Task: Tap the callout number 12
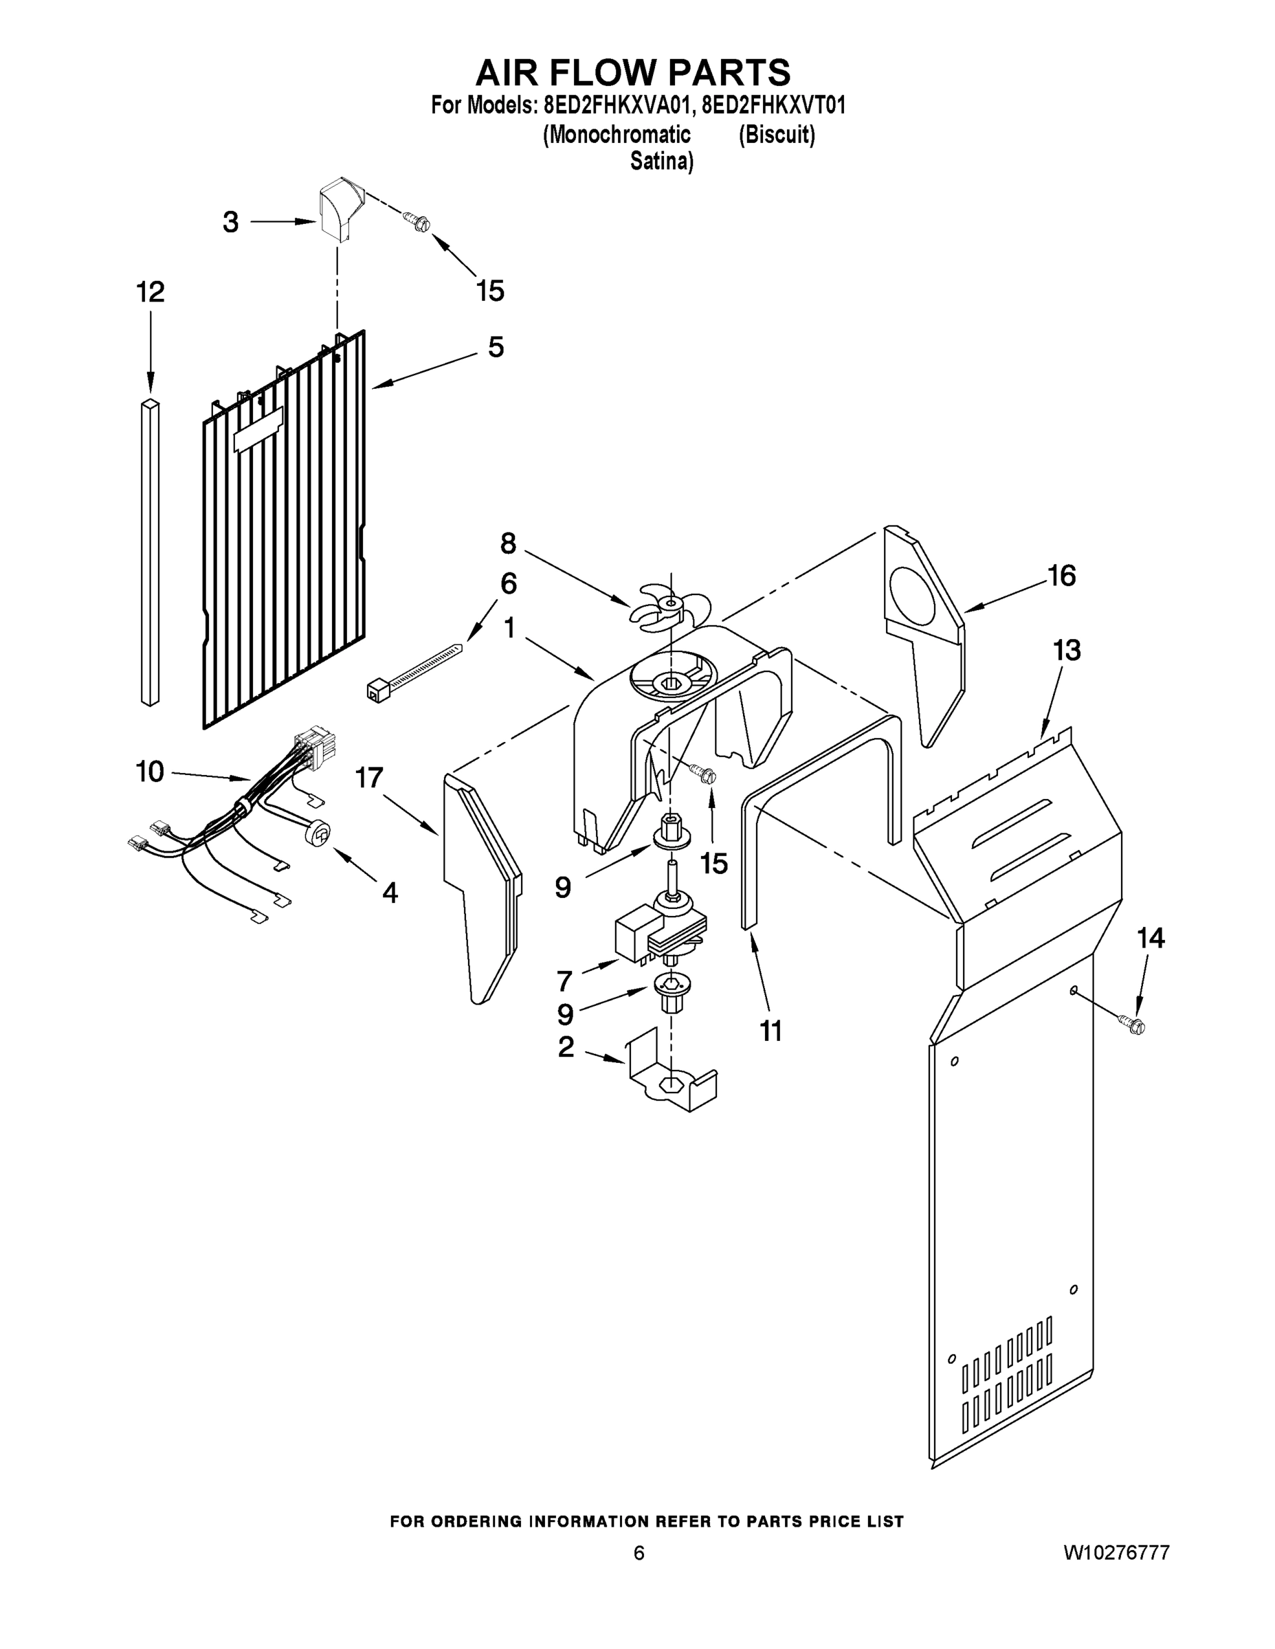(x=151, y=292)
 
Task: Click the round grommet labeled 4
(x=319, y=833)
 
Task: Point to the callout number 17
(x=369, y=778)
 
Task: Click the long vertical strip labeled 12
(x=151, y=551)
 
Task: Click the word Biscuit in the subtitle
(x=777, y=135)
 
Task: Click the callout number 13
(x=1067, y=650)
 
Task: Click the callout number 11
(x=770, y=1031)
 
